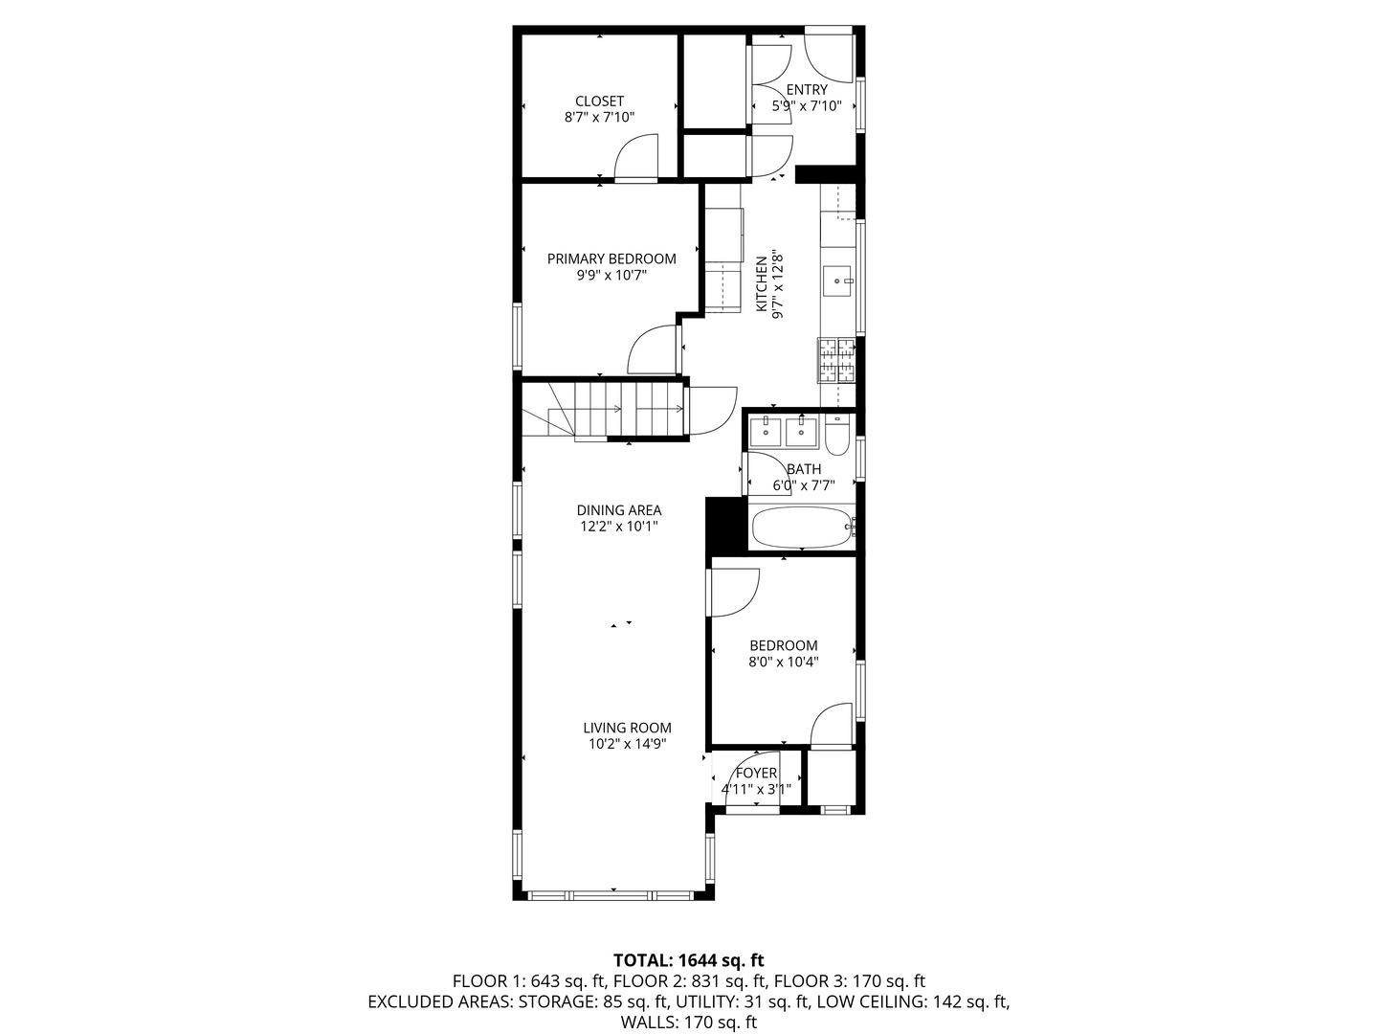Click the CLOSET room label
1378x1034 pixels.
click(599, 101)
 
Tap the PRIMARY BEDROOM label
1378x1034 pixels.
click(611, 258)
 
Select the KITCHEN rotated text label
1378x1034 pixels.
click(762, 284)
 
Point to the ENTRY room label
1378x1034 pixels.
click(807, 90)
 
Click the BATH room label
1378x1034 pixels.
click(804, 469)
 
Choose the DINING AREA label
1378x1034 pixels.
click(618, 510)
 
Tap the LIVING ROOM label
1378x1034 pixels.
click(627, 728)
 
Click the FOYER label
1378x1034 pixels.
click(756, 774)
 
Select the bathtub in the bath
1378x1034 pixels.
click(801, 528)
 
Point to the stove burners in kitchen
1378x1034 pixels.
click(837, 361)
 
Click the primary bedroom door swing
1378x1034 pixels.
click(653, 350)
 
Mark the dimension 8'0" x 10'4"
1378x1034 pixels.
click(783, 662)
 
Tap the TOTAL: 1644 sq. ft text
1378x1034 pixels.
click(688, 959)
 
